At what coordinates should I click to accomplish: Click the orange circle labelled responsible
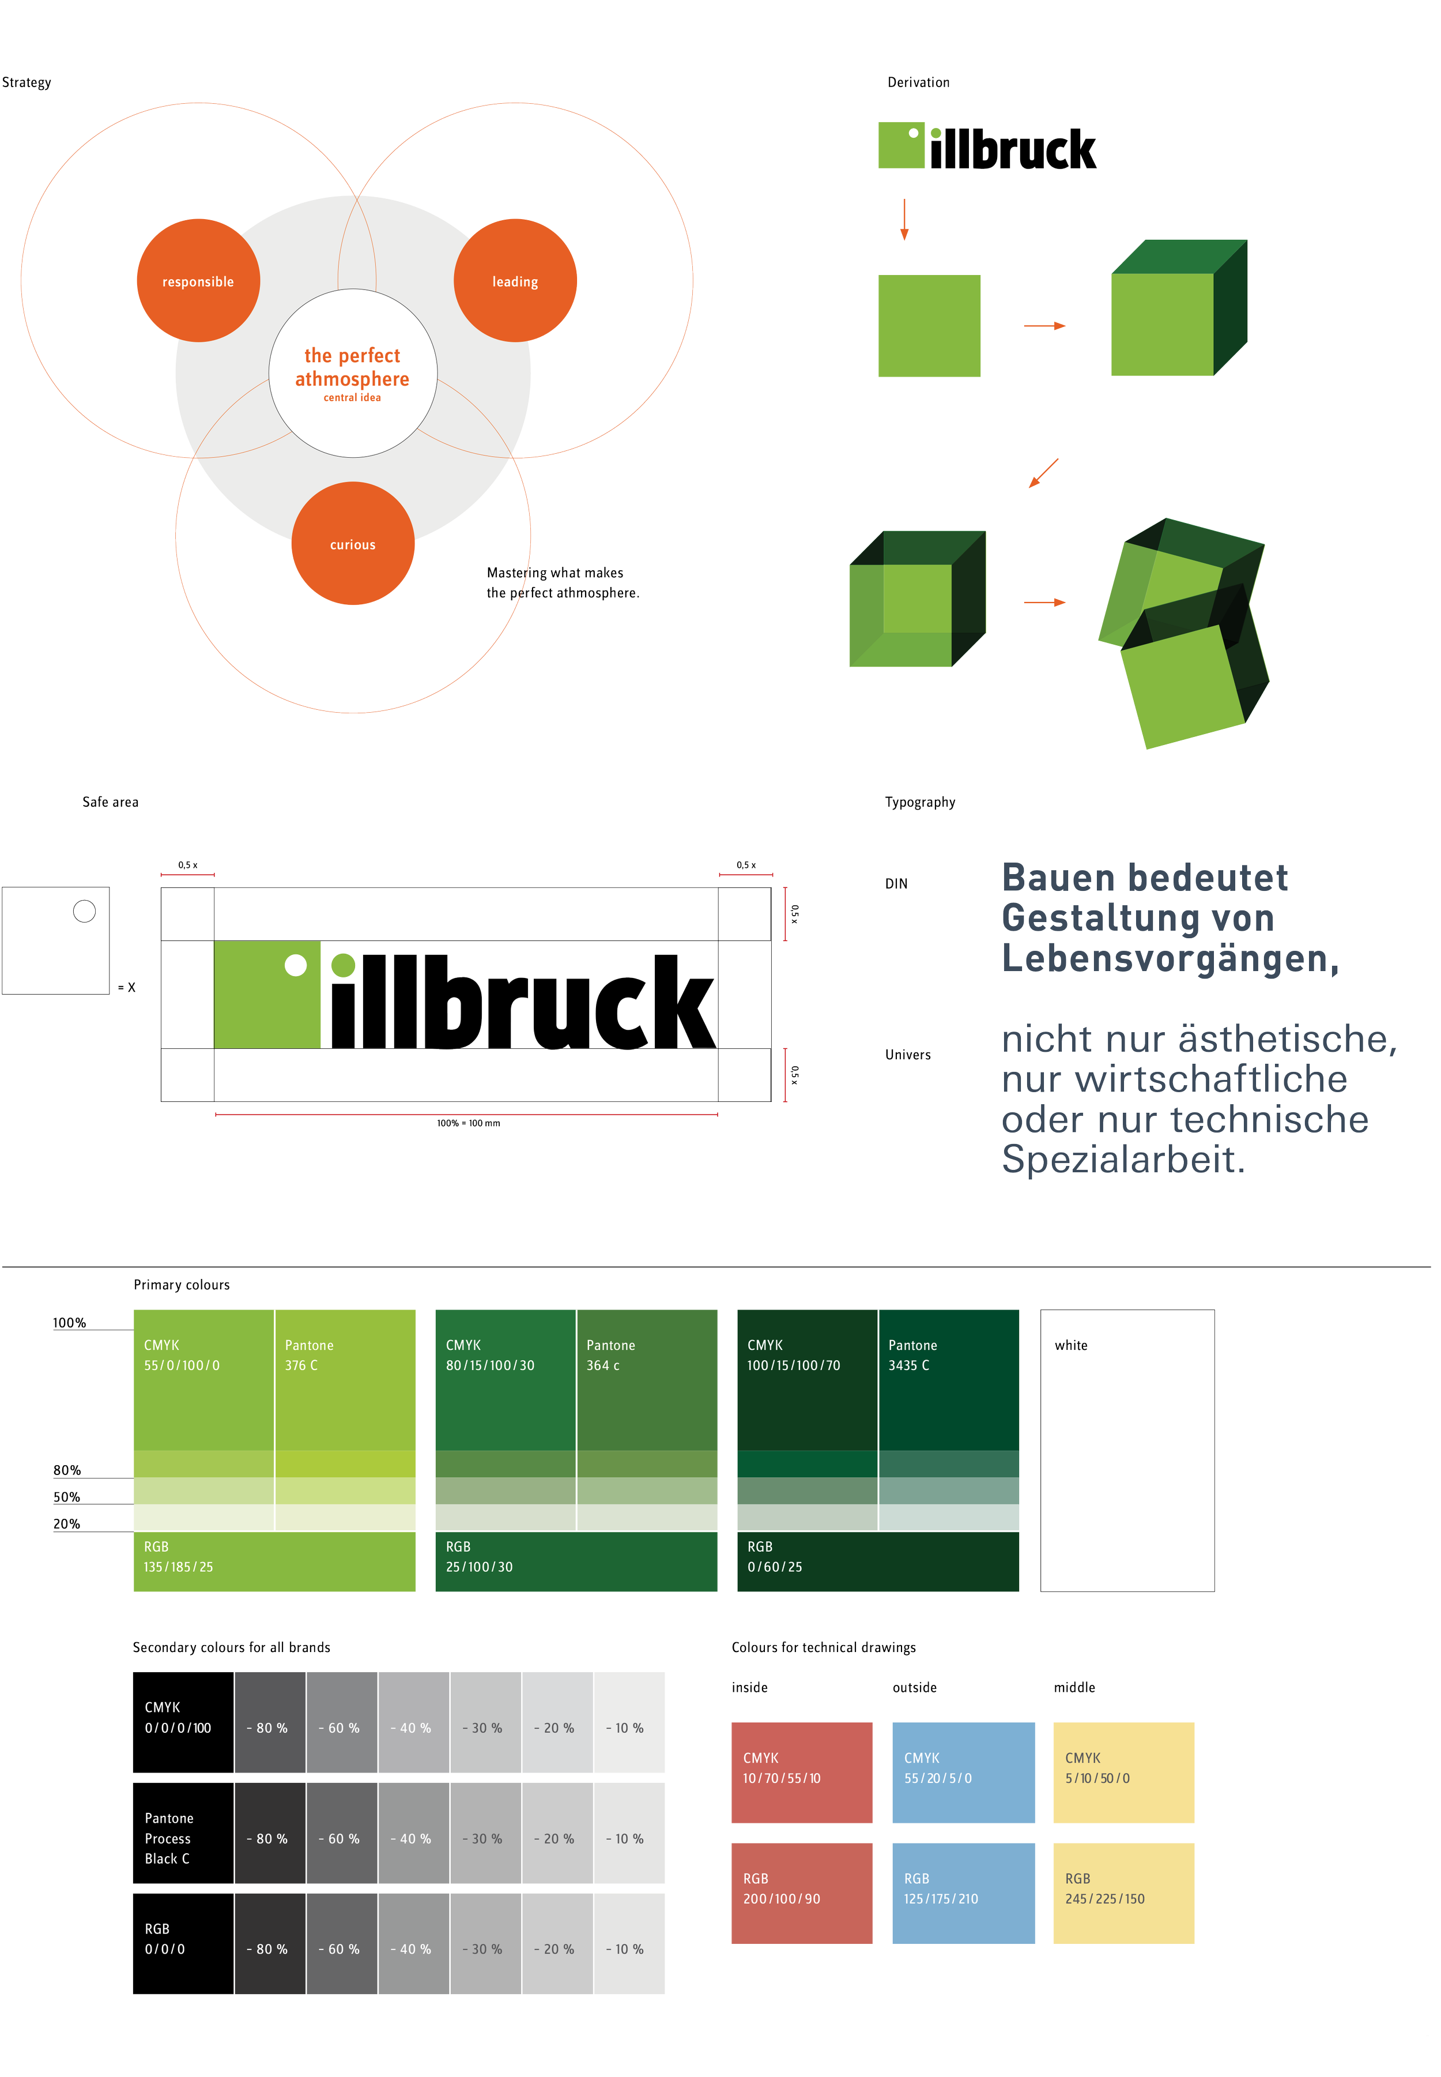pos(198,281)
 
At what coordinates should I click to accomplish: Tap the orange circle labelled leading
pos(515,281)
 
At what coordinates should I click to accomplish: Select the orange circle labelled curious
pos(352,544)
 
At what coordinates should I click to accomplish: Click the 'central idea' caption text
pos(352,398)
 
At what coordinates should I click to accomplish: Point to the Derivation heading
pos(918,82)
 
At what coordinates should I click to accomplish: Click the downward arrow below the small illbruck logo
pos(904,220)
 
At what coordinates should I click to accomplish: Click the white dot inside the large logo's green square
pos(295,965)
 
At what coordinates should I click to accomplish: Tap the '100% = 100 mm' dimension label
pos(467,1123)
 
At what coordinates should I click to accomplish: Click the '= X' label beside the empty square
pos(126,988)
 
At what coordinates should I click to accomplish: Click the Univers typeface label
pos(907,1055)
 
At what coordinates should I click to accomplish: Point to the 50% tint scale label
pos(67,1497)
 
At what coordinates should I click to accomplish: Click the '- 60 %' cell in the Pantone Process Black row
pos(338,1839)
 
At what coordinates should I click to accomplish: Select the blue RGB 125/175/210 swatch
pos(963,1893)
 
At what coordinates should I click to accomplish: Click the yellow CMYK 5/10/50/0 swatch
pos(1122,1772)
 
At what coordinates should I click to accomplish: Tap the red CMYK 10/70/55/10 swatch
pos(801,1772)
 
